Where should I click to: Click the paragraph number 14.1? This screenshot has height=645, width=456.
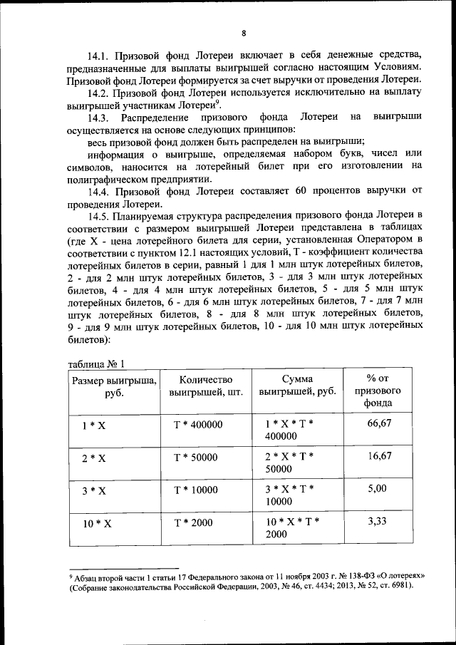pos(101,55)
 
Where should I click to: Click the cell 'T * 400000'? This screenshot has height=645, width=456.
pos(199,424)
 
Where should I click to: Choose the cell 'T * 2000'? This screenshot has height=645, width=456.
pos(194,522)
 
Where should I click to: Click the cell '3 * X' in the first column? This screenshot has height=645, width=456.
pos(93,491)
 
